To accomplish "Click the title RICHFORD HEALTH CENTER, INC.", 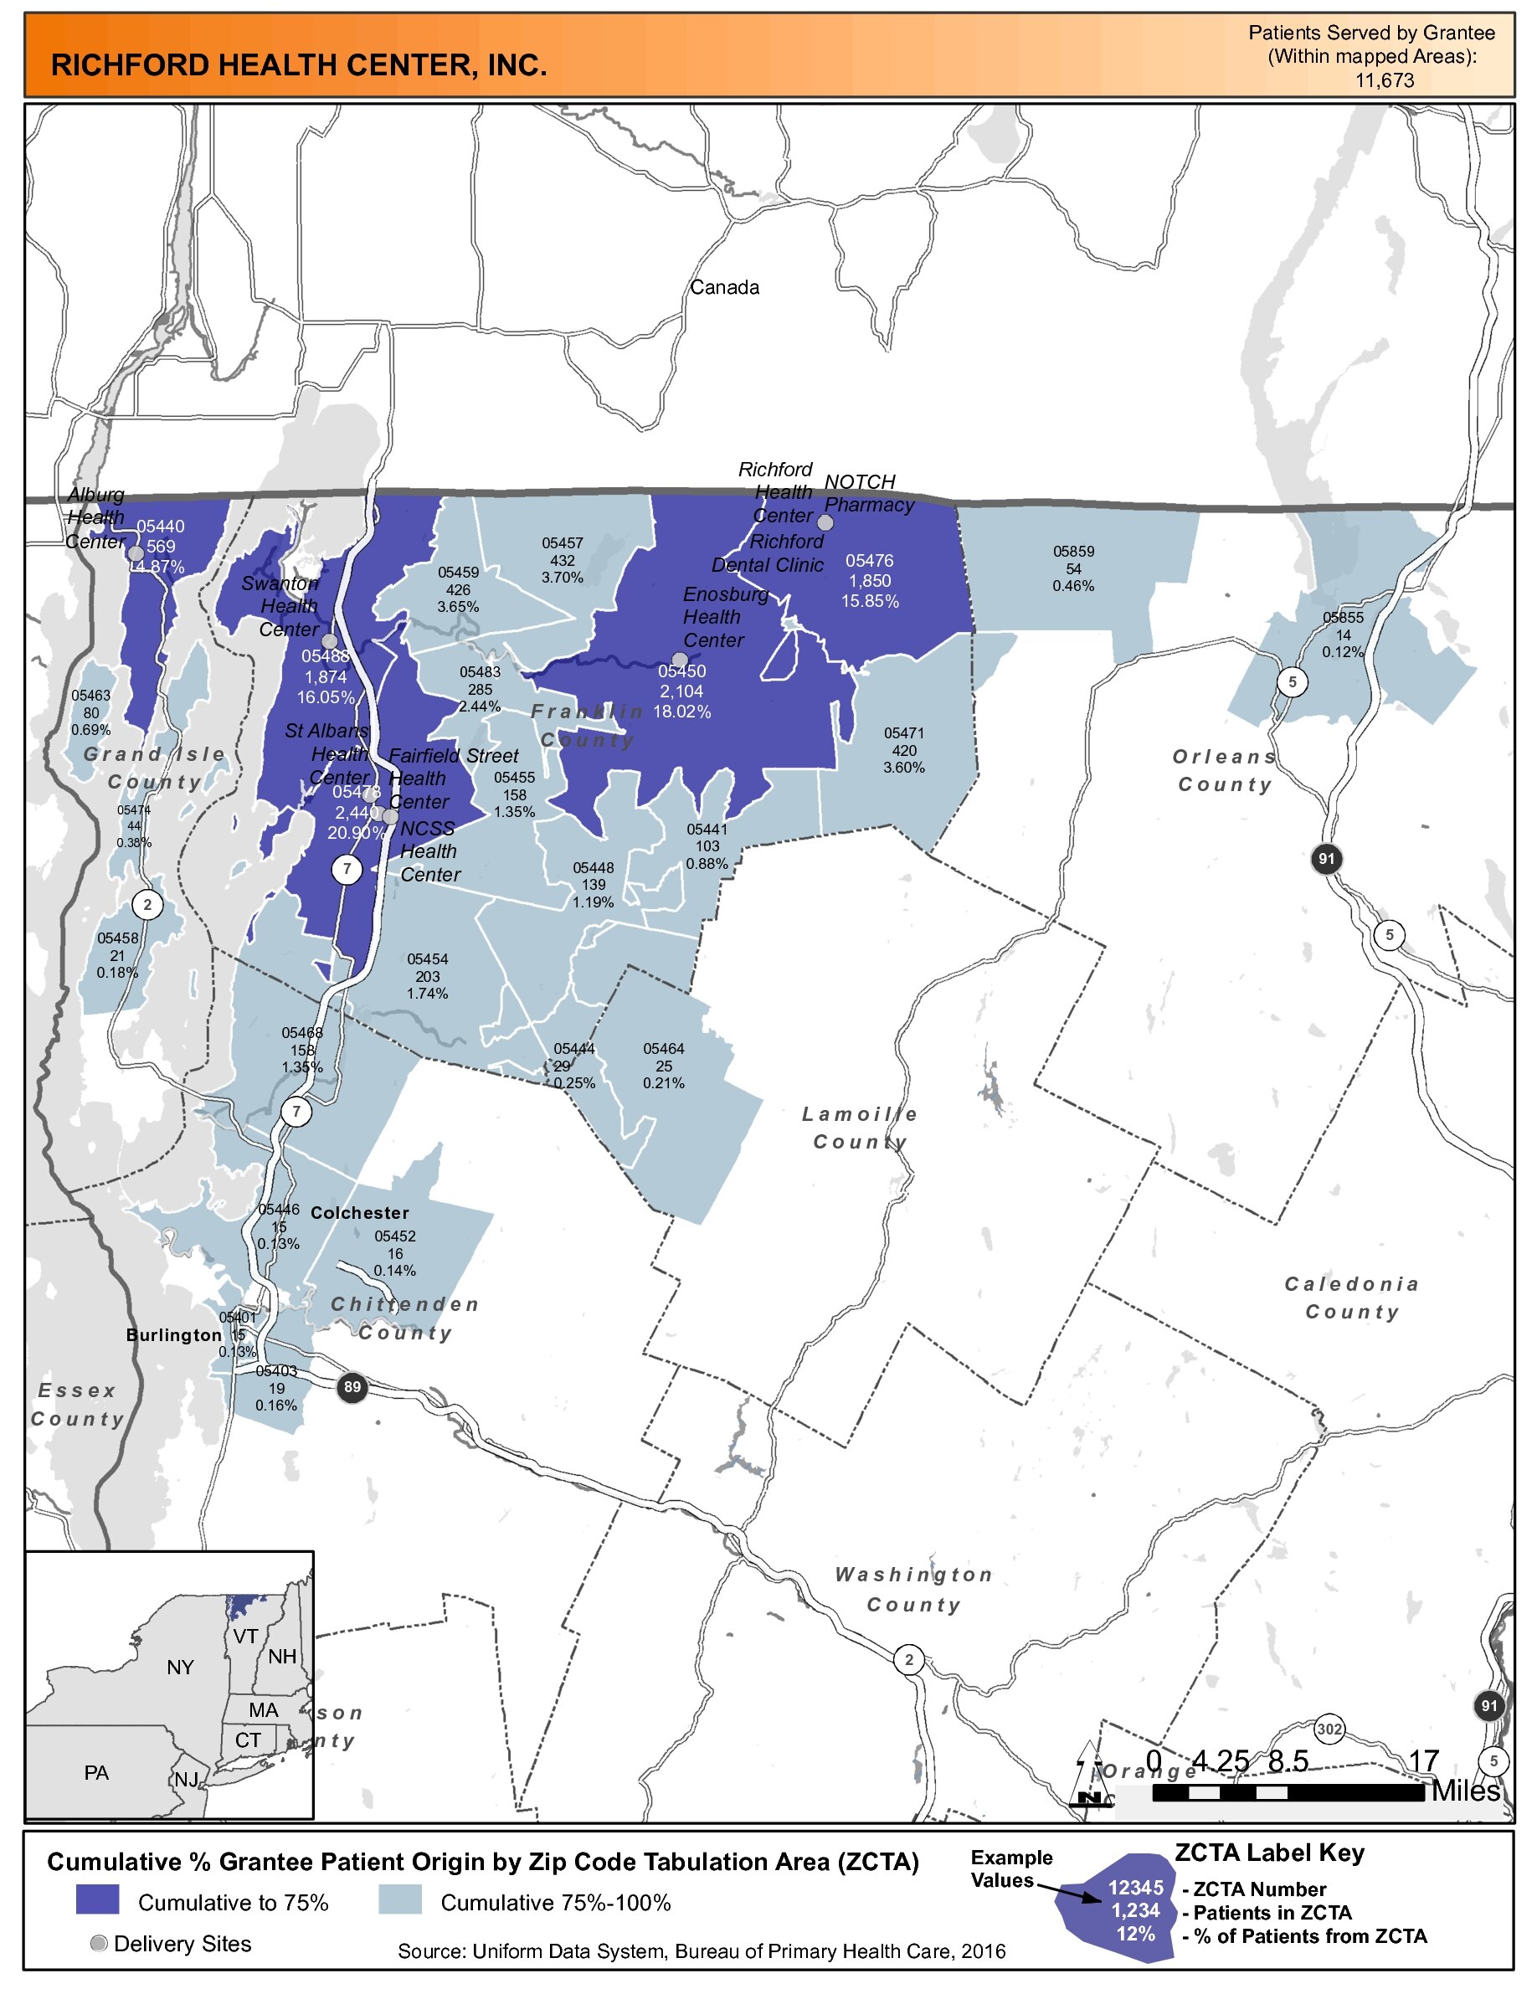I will (x=299, y=65).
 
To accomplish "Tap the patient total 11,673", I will (x=1384, y=80).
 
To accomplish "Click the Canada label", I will (x=724, y=288).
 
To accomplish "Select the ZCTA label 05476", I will (x=869, y=561).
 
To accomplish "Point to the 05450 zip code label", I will (x=682, y=671).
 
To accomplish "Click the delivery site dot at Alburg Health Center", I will (x=136, y=553).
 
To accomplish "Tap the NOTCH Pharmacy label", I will (x=868, y=493).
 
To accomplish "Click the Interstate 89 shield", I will (x=352, y=1387).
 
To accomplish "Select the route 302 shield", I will (x=1329, y=1729).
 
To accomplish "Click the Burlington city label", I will (x=174, y=1335).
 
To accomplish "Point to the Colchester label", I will (x=360, y=1213).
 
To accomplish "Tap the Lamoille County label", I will (x=860, y=1128).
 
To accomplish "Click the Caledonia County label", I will (x=1351, y=1298).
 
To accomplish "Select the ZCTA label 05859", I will (x=1073, y=552).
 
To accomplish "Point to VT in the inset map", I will (x=245, y=1637).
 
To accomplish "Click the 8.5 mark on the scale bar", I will (x=1288, y=1761).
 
